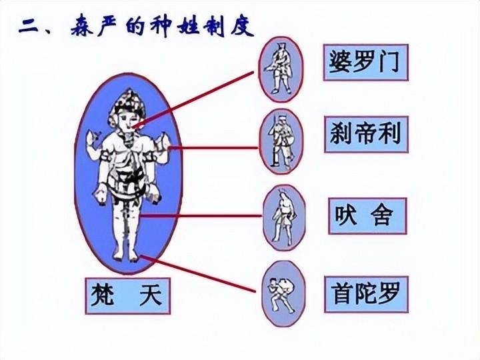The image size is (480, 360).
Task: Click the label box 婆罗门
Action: click(x=365, y=62)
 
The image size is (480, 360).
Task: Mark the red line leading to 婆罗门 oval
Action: click(x=200, y=95)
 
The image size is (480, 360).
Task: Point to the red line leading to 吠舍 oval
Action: click(x=200, y=215)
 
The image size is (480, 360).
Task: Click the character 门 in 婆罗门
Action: click(x=391, y=62)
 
